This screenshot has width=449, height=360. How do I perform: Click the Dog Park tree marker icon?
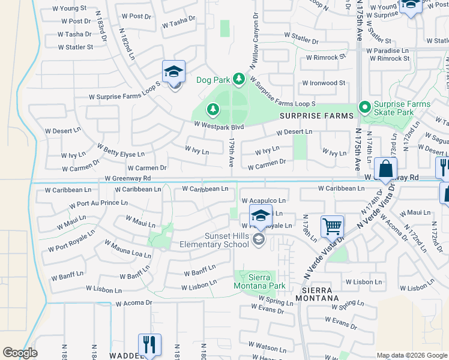click(239, 79)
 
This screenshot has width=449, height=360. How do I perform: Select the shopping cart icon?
click(332, 227)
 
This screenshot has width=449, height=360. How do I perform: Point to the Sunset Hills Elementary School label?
click(214, 240)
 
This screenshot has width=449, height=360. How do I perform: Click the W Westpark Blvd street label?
click(218, 127)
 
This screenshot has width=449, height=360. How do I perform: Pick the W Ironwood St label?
click(324, 83)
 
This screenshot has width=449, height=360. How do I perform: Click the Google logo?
click(20, 353)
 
